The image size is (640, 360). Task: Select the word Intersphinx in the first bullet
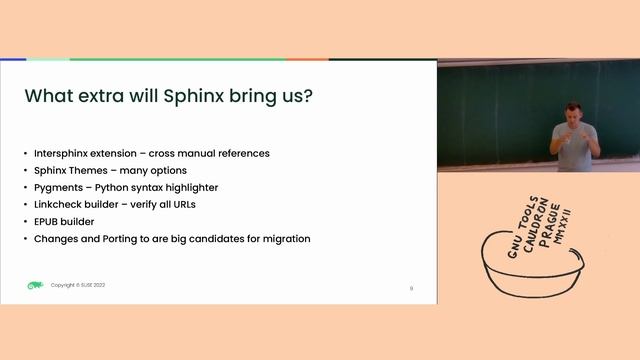pos(62,153)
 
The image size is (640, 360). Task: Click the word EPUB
pos(49,221)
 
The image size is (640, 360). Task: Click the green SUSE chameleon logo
pos(35,285)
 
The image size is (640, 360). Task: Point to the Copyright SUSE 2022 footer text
pos(78,285)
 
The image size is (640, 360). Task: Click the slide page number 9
pos(411,288)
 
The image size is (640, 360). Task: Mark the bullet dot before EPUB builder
pos(26,221)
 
